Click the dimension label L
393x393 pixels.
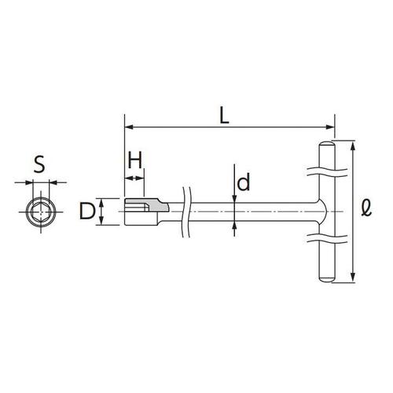pyautogui.click(x=224, y=116)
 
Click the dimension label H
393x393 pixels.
pyautogui.click(x=135, y=160)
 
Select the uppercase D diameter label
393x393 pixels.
pyautogui.click(x=87, y=211)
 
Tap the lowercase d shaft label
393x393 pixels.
pyautogui.click(x=244, y=182)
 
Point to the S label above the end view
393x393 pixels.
pyautogui.click(x=39, y=164)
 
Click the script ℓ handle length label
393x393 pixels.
pyautogui.click(x=366, y=208)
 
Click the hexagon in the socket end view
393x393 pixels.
pyautogui.click(x=41, y=211)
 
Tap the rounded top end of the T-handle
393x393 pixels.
pyautogui.click(x=327, y=145)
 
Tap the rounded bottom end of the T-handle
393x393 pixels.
pyautogui.click(x=327, y=279)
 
